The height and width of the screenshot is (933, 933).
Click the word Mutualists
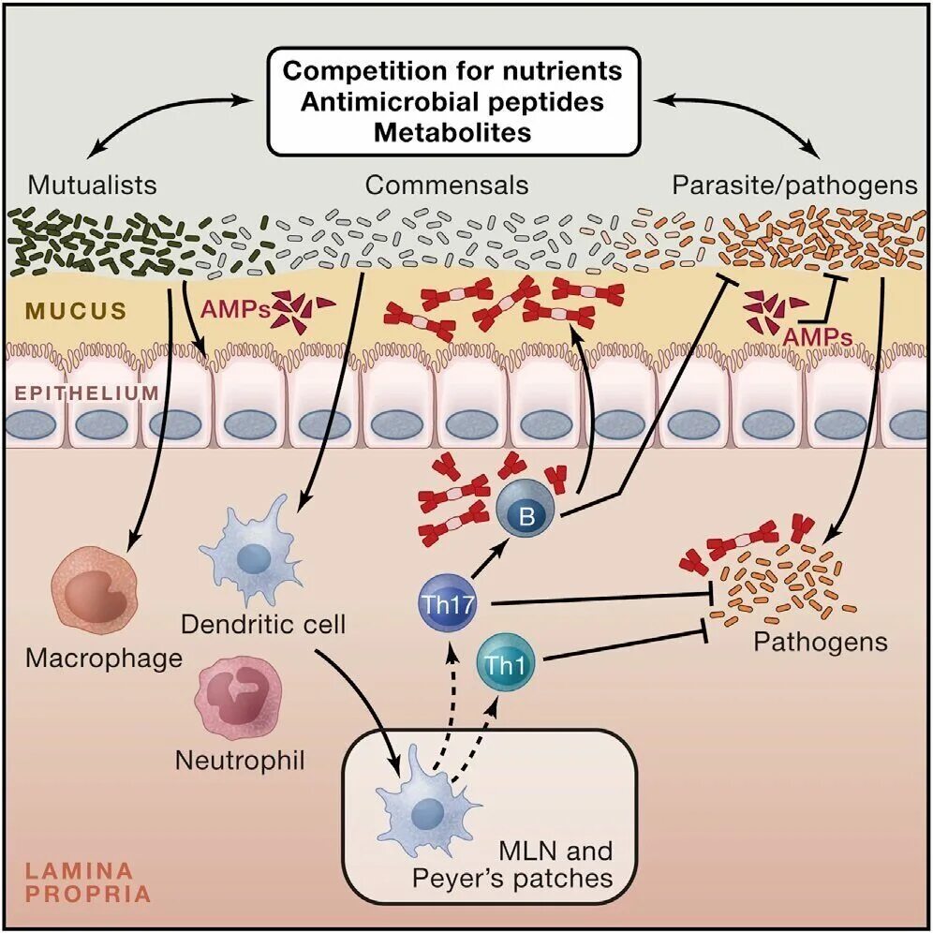(x=92, y=185)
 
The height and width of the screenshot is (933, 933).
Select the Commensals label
(x=447, y=185)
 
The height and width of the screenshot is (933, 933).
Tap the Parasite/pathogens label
(x=794, y=185)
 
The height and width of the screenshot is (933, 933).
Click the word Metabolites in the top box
(x=452, y=132)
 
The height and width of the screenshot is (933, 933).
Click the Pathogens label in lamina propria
(x=821, y=643)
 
